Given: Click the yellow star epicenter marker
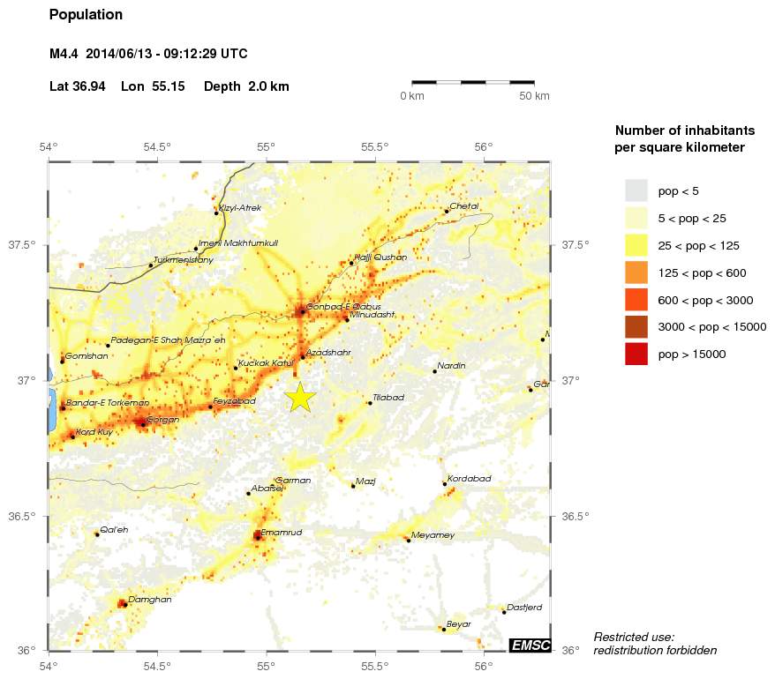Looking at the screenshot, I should (300, 397).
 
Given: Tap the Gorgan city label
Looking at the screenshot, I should (162, 420).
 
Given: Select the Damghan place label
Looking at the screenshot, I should (149, 600).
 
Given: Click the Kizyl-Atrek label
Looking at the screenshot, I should (240, 208).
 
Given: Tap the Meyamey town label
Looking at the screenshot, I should (433, 535).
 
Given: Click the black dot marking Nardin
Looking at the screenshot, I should (435, 372).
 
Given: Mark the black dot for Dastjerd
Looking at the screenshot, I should (504, 612).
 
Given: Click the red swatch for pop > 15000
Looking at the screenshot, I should (636, 354).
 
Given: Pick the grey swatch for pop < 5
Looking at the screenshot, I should (636, 190).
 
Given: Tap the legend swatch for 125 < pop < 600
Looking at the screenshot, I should (636, 272).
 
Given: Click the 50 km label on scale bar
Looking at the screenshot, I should (534, 95).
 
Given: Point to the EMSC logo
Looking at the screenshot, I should (530, 645).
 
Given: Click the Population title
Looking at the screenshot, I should (86, 15).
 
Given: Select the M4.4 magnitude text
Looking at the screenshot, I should (64, 54).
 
